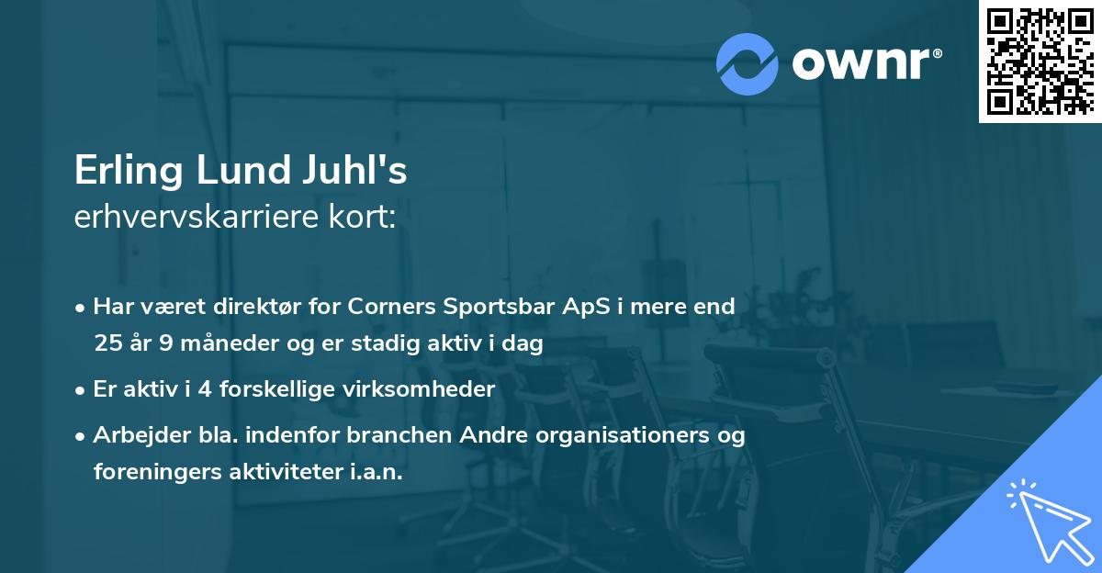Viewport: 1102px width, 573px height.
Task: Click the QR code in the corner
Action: pyautogui.click(x=1039, y=61)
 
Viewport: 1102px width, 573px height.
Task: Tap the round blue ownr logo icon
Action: pyautogui.click(x=748, y=63)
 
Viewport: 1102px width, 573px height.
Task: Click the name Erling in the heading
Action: pyautogui.click(x=129, y=172)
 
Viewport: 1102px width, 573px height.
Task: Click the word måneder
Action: pyautogui.click(x=214, y=343)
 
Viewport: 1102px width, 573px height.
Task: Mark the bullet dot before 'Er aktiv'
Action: pyautogui.click(x=82, y=390)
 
